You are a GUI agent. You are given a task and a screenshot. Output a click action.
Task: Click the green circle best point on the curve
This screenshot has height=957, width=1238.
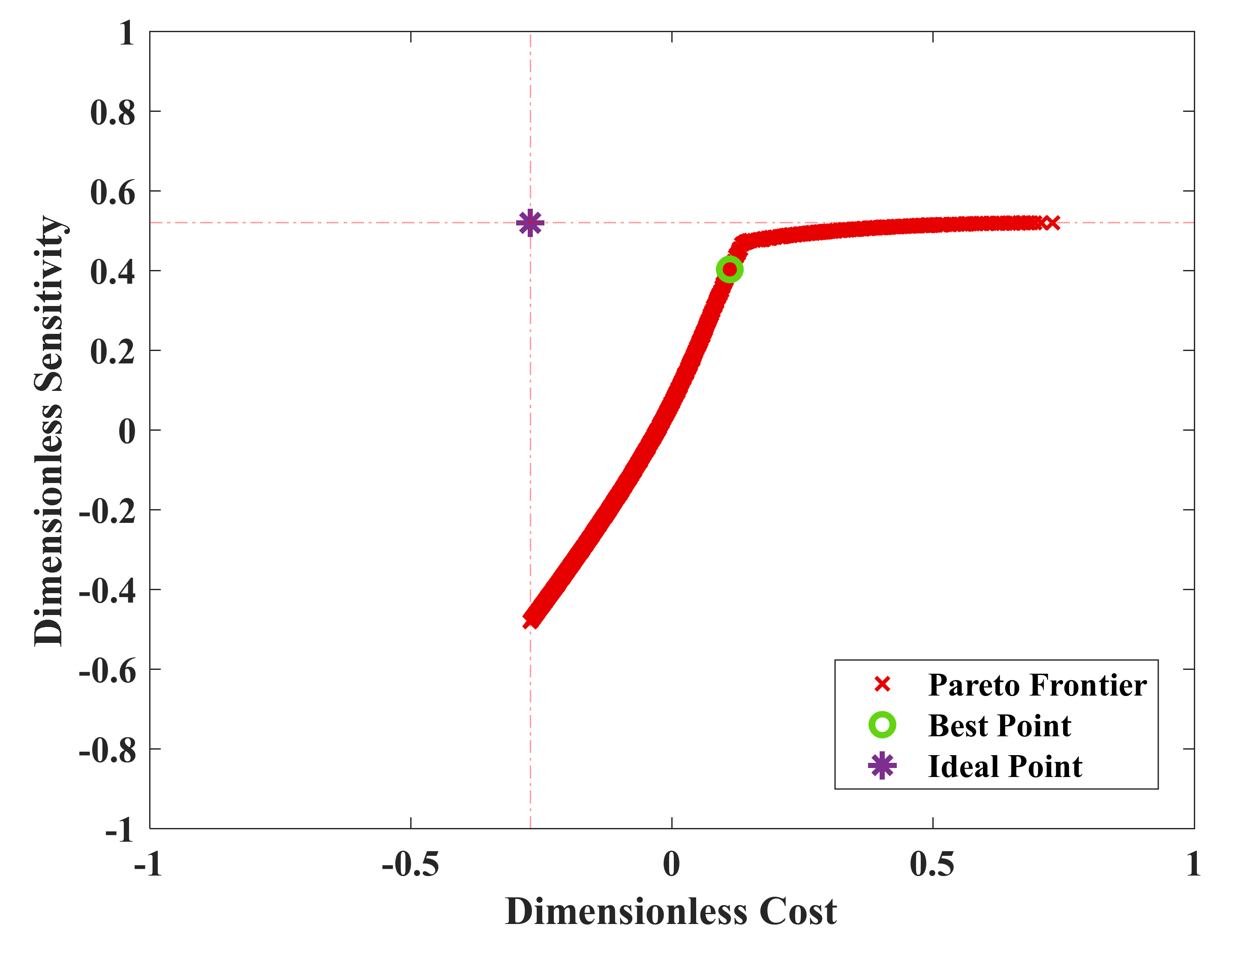[730, 270]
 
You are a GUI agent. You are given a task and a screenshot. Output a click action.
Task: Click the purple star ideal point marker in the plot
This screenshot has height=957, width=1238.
[530, 223]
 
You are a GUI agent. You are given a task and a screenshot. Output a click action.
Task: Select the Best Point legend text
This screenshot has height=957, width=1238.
[999, 726]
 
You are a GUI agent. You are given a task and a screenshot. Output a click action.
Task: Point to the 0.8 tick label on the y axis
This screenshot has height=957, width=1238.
[113, 113]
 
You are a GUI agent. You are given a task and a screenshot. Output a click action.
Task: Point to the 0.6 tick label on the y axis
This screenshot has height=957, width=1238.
[113, 193]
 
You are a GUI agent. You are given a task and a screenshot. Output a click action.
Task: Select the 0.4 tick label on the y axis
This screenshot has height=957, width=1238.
[113, 272]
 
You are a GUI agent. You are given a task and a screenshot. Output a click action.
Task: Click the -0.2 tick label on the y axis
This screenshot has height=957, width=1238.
[107, 512]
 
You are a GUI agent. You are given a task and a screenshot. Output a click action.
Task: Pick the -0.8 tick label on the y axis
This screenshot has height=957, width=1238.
[107, 751]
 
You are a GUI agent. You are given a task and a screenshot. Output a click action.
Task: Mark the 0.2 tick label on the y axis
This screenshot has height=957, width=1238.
[113, 352]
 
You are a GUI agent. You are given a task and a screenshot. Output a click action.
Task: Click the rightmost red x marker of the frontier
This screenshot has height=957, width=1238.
[1052, 223]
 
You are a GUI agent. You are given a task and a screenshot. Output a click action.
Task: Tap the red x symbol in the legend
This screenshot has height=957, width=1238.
[882, 684]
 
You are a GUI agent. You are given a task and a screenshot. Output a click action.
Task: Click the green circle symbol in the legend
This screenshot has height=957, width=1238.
[882, 725]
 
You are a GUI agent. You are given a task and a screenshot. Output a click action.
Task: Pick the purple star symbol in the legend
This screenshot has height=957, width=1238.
[882, 766]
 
